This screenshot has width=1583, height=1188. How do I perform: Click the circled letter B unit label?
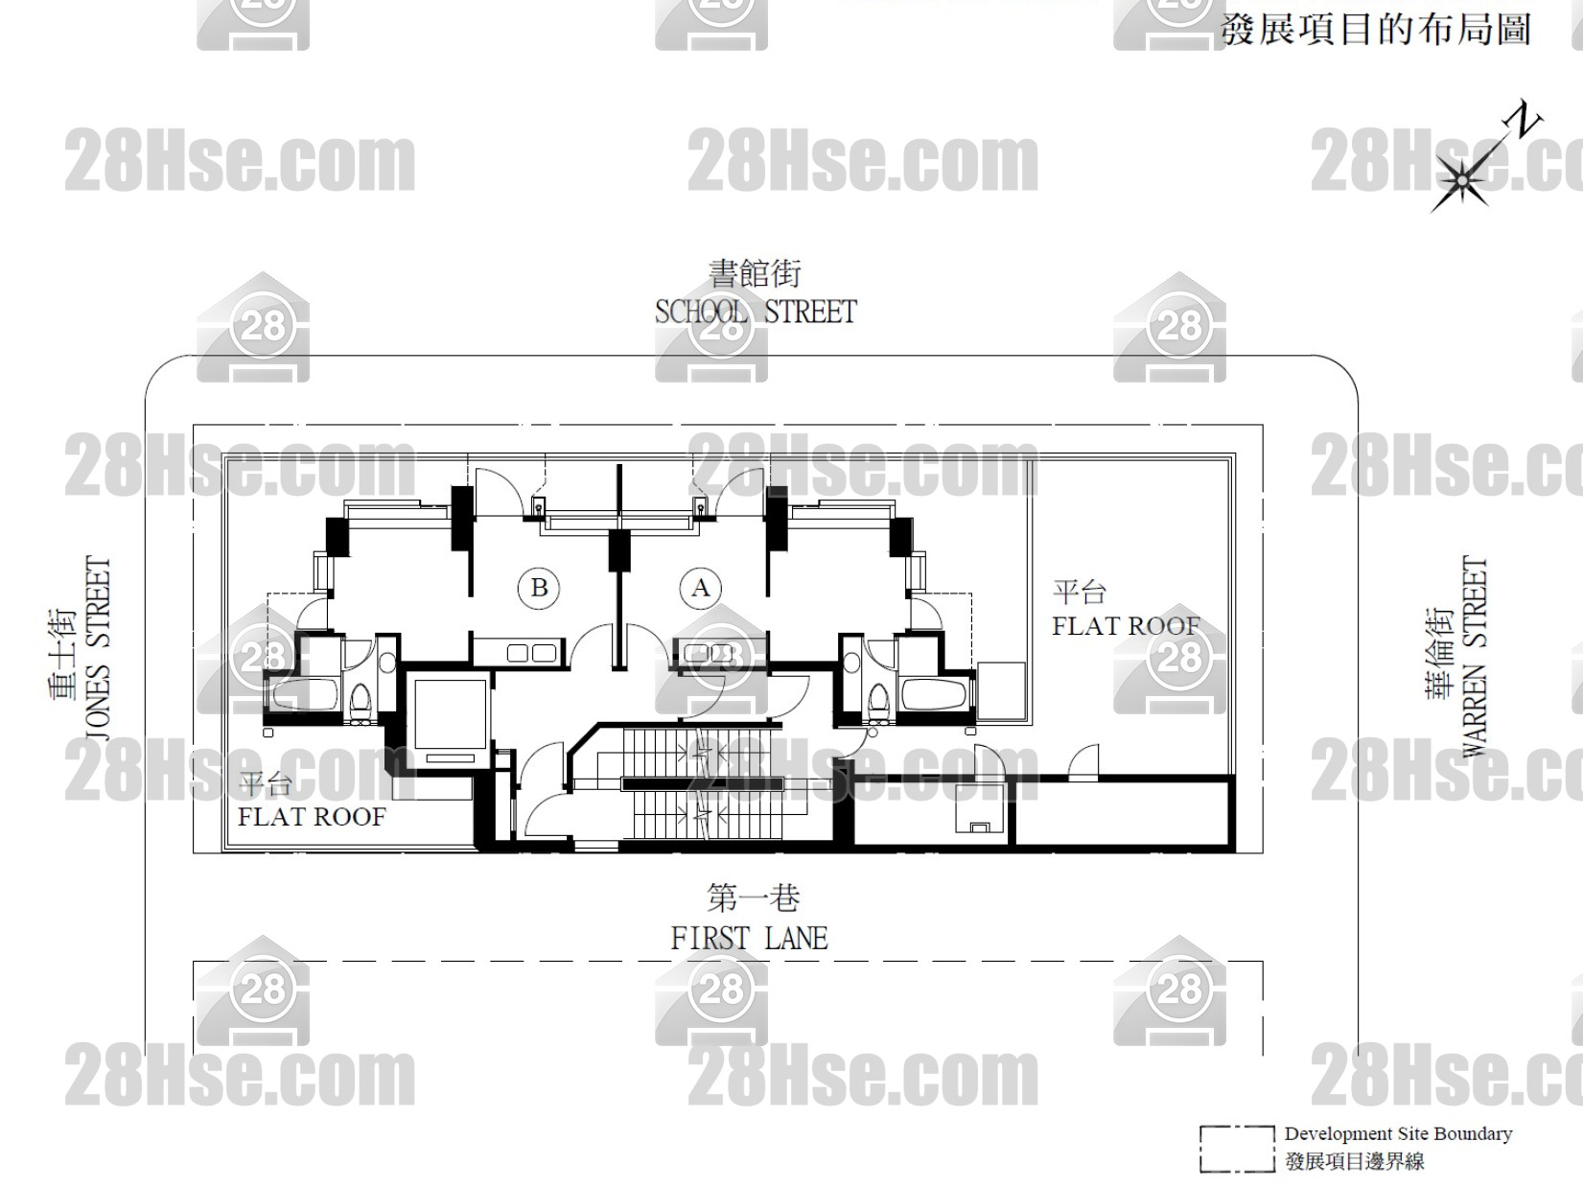pos(539,588)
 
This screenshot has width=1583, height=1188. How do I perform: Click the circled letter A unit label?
pos(700,588)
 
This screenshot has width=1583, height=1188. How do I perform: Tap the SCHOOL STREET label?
pos(756,313)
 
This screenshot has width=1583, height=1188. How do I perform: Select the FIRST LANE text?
pos(749,939)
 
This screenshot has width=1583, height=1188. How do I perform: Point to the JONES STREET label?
pos(98,648)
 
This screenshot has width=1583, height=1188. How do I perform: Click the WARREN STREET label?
pos(1475,656)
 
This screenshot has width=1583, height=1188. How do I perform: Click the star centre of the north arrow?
pos(1461,181)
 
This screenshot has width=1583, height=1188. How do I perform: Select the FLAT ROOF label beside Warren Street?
pos(1126,626)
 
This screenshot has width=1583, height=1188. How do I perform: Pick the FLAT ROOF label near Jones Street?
pos(312,816)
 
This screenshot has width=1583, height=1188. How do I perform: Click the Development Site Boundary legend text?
pos(1398,1134)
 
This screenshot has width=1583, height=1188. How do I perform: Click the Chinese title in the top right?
pos(1375,31)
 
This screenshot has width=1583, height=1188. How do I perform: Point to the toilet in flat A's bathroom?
pos(878,699)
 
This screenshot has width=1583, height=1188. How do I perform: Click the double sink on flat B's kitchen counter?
pos(531,653)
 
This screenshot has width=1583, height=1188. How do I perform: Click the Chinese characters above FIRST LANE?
pos(754,898)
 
